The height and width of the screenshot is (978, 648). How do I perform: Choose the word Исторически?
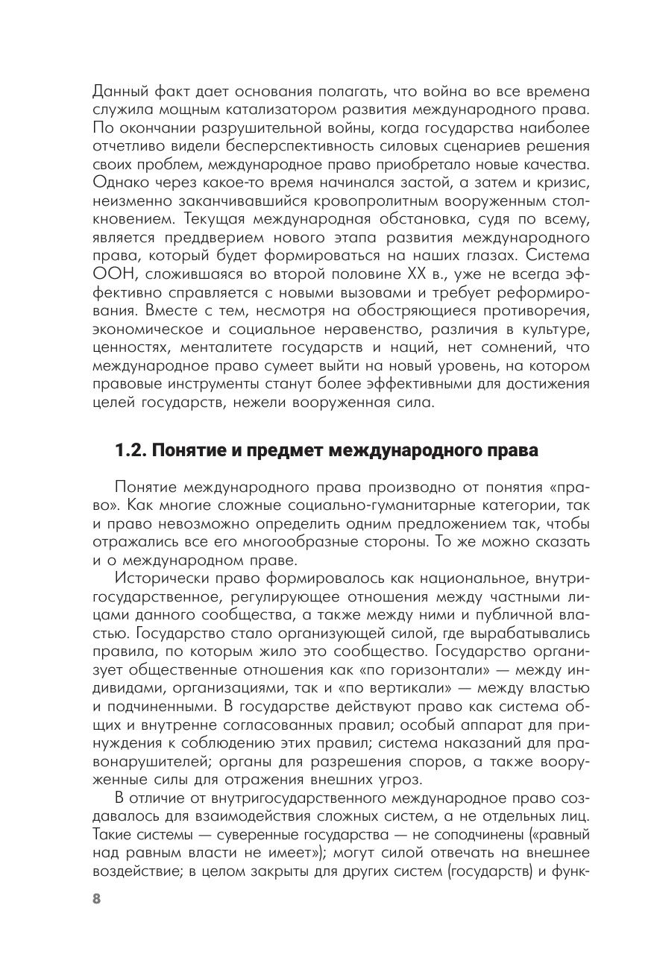(x=160, y=578)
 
